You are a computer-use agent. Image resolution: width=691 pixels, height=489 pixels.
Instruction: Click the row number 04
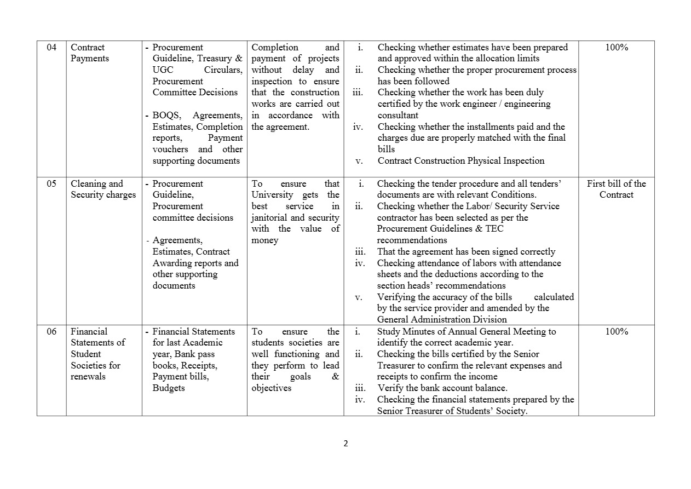click(x=51, y=48)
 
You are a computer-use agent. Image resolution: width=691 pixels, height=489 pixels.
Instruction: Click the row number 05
click(x=51, y=184)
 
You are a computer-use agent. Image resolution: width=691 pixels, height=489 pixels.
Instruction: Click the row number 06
click(x=51, y=332)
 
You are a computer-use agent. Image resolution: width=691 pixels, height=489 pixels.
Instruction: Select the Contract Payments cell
click(x=90, y=53)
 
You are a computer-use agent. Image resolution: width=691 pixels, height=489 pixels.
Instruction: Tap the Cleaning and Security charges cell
click(x=103, y=189)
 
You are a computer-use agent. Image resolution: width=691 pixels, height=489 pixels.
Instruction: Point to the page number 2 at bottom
click(x=345, y=444)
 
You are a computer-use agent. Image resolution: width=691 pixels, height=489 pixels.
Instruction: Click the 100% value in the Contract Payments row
click(x=616, y=48)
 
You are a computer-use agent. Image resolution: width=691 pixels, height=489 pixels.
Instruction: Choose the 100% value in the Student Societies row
click(x=616, y=332)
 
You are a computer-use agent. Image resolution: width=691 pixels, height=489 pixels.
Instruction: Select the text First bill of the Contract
click(x=616, y=189)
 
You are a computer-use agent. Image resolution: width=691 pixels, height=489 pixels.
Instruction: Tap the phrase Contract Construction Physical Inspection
click(x=461, y=161)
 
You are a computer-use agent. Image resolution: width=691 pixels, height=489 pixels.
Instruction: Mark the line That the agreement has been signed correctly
click(x=466, y=252)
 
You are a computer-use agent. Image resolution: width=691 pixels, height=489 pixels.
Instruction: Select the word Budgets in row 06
click(x=169, y=388)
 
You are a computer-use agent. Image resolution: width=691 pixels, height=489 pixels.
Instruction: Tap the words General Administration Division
click(x=442, y=320)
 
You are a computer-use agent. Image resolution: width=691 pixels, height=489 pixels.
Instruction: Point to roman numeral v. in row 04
click(x=359, y=161)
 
